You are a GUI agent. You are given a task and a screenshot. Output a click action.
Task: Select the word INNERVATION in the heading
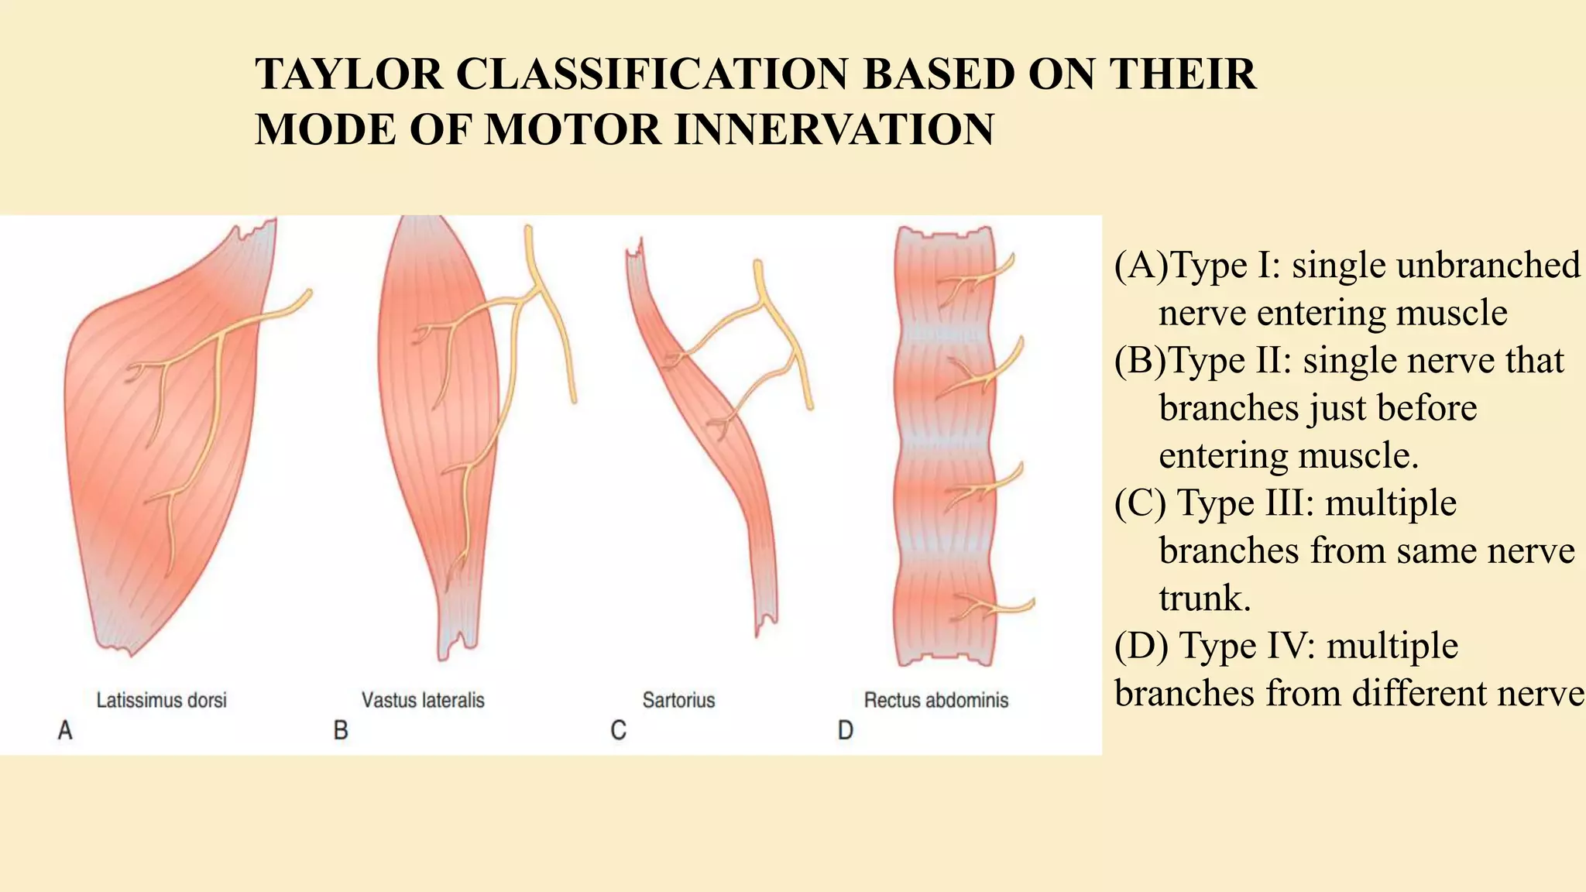(835, 129)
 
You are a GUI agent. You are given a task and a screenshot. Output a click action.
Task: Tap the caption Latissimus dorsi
(161, 701)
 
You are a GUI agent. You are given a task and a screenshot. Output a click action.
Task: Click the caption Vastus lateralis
(423, 701)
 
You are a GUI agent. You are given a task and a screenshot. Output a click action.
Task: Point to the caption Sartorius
(678, 701)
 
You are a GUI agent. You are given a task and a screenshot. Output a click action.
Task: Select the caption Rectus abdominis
(935, 701)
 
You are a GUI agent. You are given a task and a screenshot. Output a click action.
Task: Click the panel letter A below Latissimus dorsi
(65, 730)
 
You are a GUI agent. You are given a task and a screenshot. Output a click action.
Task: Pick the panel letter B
(341, 730)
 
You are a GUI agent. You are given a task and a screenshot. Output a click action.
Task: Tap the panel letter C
(618, 730)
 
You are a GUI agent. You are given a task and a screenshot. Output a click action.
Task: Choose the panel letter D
(845, 730)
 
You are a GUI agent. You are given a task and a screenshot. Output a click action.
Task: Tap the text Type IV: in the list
(1246, 646)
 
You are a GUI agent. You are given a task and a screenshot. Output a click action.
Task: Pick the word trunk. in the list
(1204, 599)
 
